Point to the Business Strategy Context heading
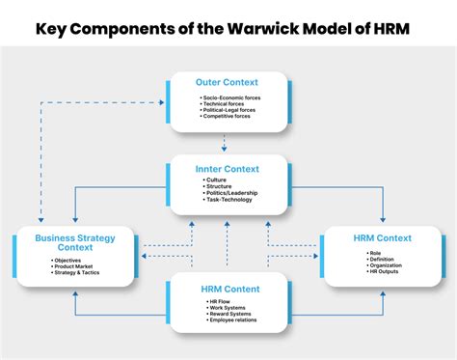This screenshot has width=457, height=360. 76,242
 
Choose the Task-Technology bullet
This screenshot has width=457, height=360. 230,200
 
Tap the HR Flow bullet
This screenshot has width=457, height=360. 221,300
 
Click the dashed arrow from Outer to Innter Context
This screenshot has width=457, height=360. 224,143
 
